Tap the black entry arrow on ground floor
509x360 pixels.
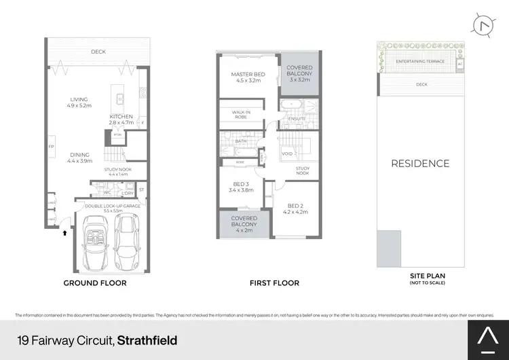tap(65, 232)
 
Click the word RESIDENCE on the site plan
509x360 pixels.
tap(419, 163)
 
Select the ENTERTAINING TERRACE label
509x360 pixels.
tap(415, 61)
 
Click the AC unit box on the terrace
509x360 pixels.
tap(459, 64)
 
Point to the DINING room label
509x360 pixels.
tap(79, 157)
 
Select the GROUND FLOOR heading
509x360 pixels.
tap(94, 283)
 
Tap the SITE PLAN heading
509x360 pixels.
tap(427, 276)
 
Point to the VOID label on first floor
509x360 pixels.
tap(287, 154)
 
